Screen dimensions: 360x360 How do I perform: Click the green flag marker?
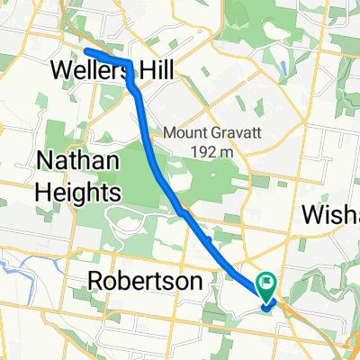[x=267, y=286]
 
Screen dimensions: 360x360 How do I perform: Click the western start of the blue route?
[x=86, y=52]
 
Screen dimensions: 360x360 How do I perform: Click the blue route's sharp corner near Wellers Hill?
[x=130, y=64]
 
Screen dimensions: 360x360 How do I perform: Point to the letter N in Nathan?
[x=46, y=162]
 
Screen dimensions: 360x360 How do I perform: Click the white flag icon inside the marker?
[x=267, y=283]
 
